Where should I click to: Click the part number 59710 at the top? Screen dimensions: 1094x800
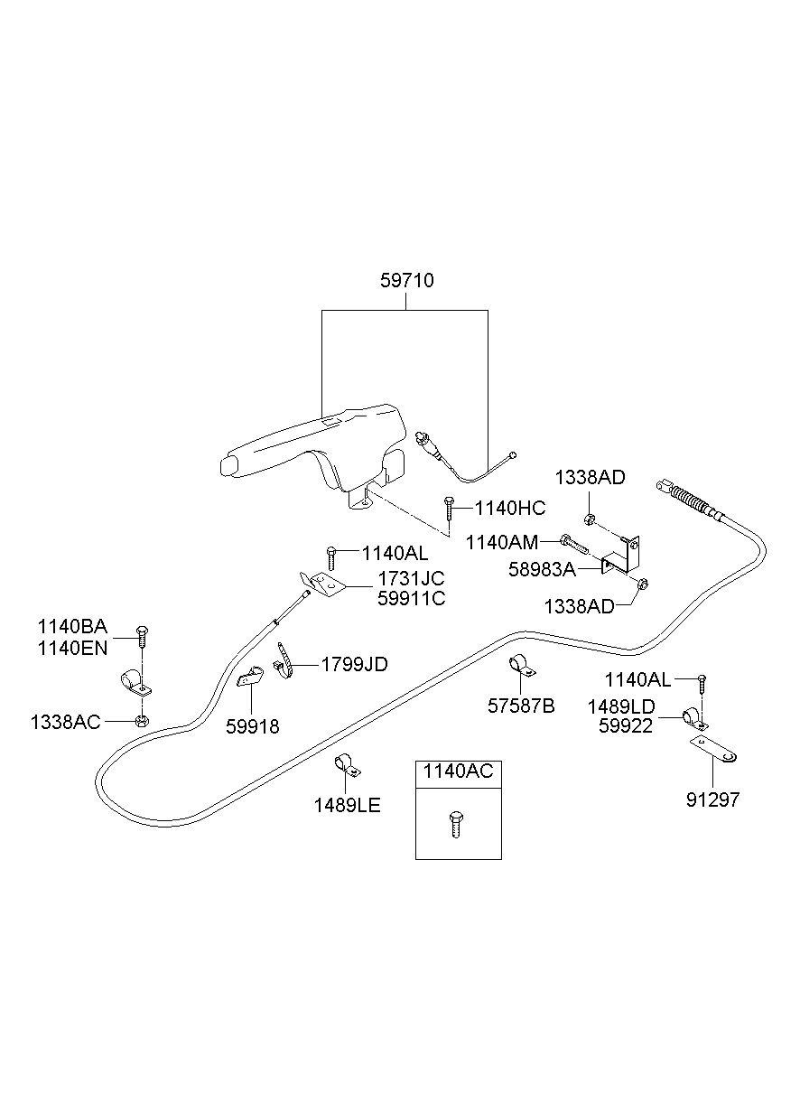pyautogui.click(x=406, y=281)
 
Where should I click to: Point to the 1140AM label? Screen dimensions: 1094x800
pyautogui.click(x=502, y=542)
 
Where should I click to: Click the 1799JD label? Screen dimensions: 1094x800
pyautogui.click(x=354, y=665)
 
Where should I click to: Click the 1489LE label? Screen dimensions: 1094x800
pyautogui.click(x=348, y=805)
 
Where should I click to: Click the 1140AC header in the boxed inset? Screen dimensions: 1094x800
pyautogui.click(x=459, y=771)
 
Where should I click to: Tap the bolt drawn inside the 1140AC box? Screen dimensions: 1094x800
pyautogui.click(x=455, y=824)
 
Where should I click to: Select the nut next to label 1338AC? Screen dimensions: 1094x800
pyautogui.click(x=142, y=720)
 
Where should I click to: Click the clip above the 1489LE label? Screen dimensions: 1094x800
pyautogui.click(x=346, y=764)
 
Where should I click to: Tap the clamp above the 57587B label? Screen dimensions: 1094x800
pyautogui.click(x=522, y=664)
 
